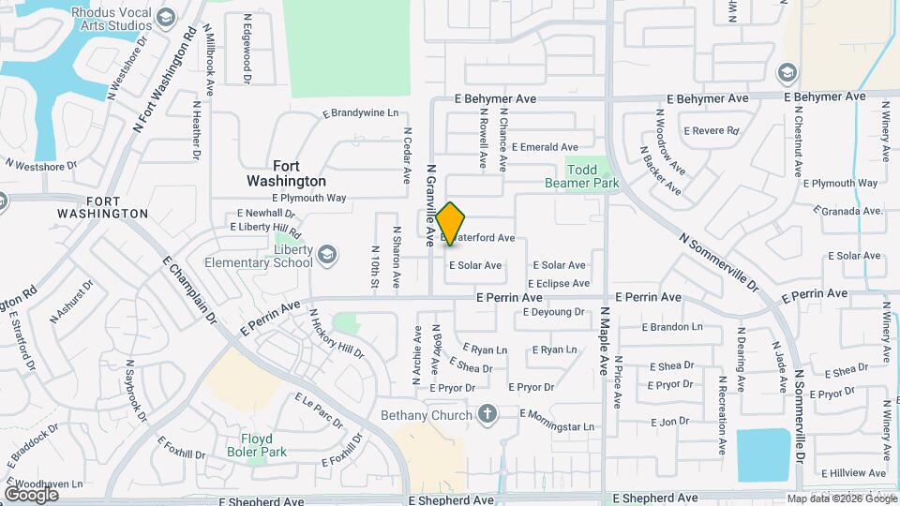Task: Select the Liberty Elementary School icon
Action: (327, 254)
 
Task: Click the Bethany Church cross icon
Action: (487, 413)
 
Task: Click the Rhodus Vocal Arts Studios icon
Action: (166, 18)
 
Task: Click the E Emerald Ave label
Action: (543, 147)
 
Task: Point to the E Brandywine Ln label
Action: (360, 112)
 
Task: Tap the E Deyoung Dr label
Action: (553, 312)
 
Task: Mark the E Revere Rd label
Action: (712, 131)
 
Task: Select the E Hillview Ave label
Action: (853, 473)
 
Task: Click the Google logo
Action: (31, 494)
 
